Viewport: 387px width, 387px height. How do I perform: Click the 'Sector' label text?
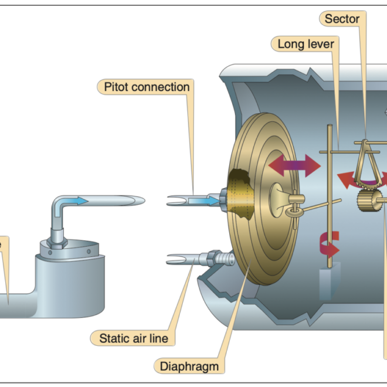click(x=342, y=19)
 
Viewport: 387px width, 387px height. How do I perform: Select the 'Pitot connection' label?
click(x=147, y=87)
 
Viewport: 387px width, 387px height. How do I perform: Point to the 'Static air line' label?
click(x=134, y=338)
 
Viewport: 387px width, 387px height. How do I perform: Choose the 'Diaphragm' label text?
click(x=190, y=366)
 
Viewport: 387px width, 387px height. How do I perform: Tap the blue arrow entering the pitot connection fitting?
click(x=206, y=201)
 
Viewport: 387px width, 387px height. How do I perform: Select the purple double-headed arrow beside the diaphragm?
click(x=294, y=167)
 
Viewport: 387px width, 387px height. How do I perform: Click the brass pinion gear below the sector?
click(x=368, y=202)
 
